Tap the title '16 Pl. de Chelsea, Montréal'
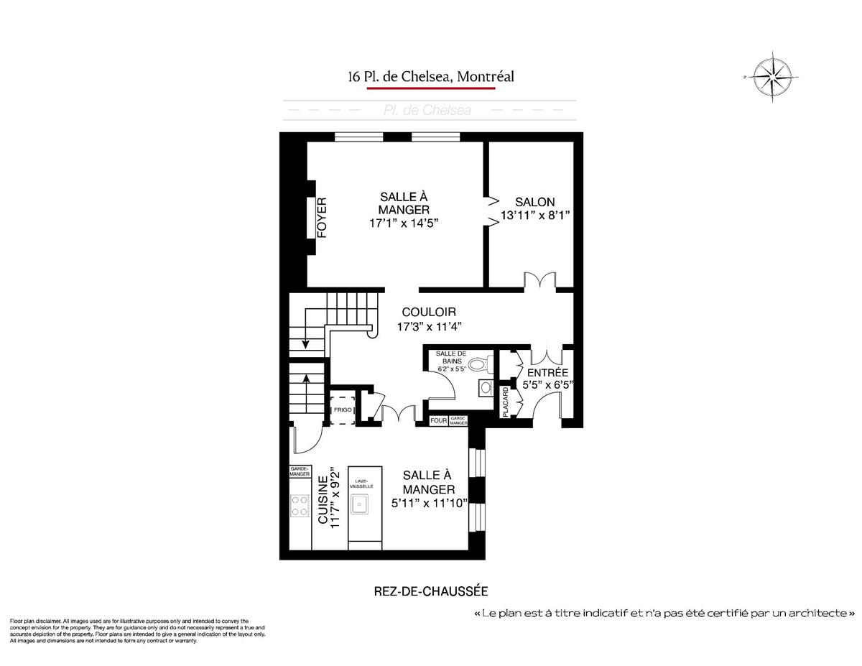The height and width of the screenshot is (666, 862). (431, 76)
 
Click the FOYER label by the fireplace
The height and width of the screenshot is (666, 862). (322, 218)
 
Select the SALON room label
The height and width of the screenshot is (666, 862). (534, 203)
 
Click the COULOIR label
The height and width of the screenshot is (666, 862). (429, 313)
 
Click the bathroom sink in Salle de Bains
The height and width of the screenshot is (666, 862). (485, 389)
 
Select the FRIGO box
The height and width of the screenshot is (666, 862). (342, 410)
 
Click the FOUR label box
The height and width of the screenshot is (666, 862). (438, 420)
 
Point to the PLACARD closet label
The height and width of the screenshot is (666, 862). (506, 402)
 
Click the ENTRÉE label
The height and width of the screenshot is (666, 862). (547, 373)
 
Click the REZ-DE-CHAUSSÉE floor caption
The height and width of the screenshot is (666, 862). (431, 591)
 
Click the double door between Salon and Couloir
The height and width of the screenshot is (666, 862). (539, 280)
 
